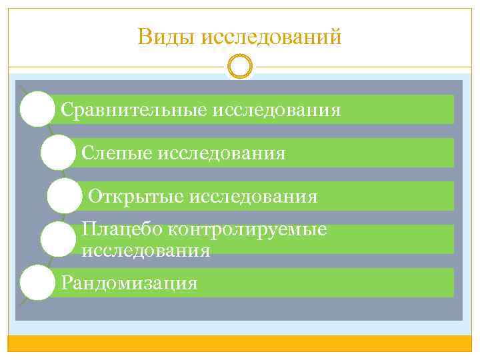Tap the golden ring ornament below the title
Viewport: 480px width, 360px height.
click(x=240, y=67)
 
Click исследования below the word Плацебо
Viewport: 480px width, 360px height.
click(x=145, y=251)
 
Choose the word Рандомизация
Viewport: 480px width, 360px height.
click(x=129, y=283)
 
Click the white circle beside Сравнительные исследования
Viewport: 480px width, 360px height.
click(x=37, y=109)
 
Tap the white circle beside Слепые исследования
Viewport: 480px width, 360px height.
click(x=58, y=153)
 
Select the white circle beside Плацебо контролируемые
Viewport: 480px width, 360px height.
click(x=58, y=239)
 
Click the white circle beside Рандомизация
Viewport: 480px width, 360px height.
click(x=37, y=283)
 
